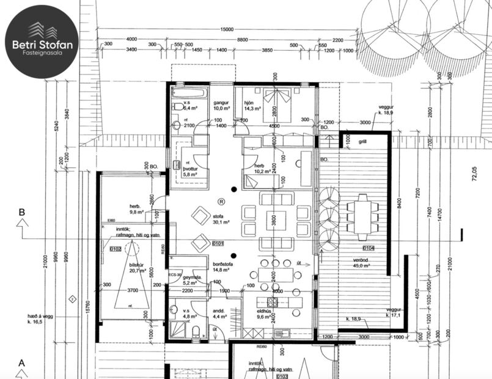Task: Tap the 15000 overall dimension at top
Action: (x=227, y=29)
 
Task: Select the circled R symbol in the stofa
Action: (x=221, y=201)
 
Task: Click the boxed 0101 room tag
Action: (x=218, y=244)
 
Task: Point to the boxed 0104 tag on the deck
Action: (x=368, y=248)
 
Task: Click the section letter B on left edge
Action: (x=22, y=213)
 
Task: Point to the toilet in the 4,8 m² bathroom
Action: (x=196, y=333)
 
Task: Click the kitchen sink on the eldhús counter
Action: (x=282, y=333)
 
